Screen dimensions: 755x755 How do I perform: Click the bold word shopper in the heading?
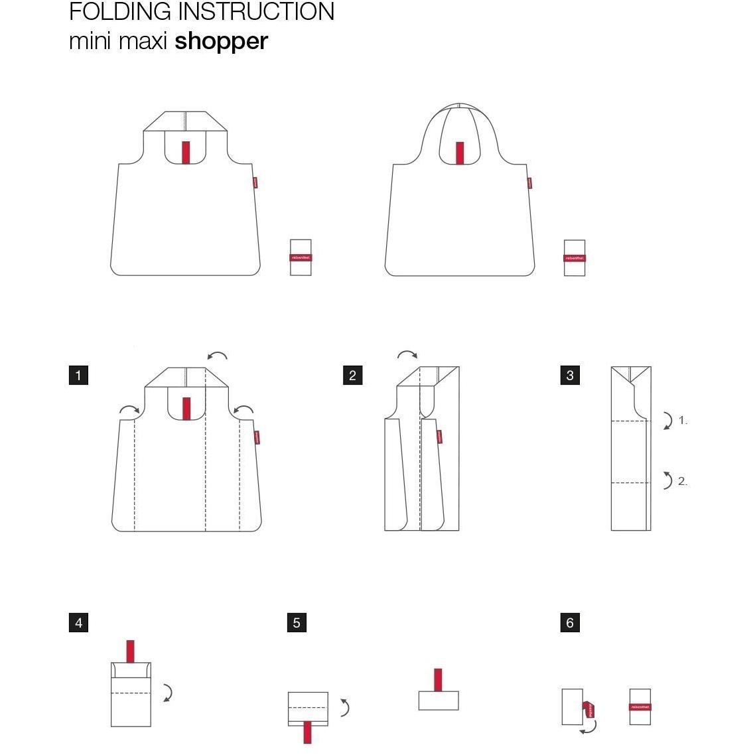pos(221,41)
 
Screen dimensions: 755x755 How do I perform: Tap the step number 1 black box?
pos(78,376)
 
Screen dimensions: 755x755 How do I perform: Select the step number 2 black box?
pos(352,376)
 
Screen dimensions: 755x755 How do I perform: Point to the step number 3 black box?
pos(570,376)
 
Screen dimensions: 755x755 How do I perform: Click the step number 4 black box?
pos(78,623)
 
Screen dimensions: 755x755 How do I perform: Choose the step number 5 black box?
pos(297,623)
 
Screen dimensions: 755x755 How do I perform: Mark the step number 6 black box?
pos(570,623)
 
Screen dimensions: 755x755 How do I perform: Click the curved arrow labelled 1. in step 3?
pos(667,421)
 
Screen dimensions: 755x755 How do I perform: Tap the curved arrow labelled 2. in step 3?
pos(667,480)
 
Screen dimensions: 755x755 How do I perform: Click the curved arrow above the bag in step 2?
pos(407,355)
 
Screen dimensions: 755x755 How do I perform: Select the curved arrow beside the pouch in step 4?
pos(168,693)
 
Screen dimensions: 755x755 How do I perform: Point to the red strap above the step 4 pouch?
pos(130,651)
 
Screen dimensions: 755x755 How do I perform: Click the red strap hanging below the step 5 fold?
pos(307,732)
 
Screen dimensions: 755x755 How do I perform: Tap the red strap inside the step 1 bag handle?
pos(186,409)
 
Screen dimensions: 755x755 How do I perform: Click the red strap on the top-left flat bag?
pos(186,153)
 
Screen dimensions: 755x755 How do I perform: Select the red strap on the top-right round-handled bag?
pos(459,153)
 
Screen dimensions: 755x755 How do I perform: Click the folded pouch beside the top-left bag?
pos(301,258)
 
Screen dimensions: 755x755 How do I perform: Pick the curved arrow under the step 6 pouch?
pos(588,728)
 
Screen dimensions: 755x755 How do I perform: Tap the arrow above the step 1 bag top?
pos(217,356)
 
